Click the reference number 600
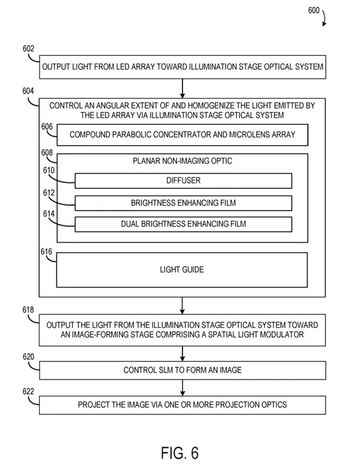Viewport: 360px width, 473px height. click(313, 10)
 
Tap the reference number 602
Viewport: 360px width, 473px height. click(28, 49)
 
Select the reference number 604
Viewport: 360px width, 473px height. click(28, 91)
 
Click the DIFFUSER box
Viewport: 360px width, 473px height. click(183, 180)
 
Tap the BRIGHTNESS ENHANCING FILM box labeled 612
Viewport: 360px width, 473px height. click(183, 203)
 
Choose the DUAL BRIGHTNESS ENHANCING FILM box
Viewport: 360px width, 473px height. click(183, 224)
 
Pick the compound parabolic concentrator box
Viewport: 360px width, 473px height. click(182, 135)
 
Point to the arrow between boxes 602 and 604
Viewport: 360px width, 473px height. click(182, 88)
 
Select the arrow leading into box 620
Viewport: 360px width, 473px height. click(182, 354)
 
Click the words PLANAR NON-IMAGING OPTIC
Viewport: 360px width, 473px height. click(182, 161)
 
